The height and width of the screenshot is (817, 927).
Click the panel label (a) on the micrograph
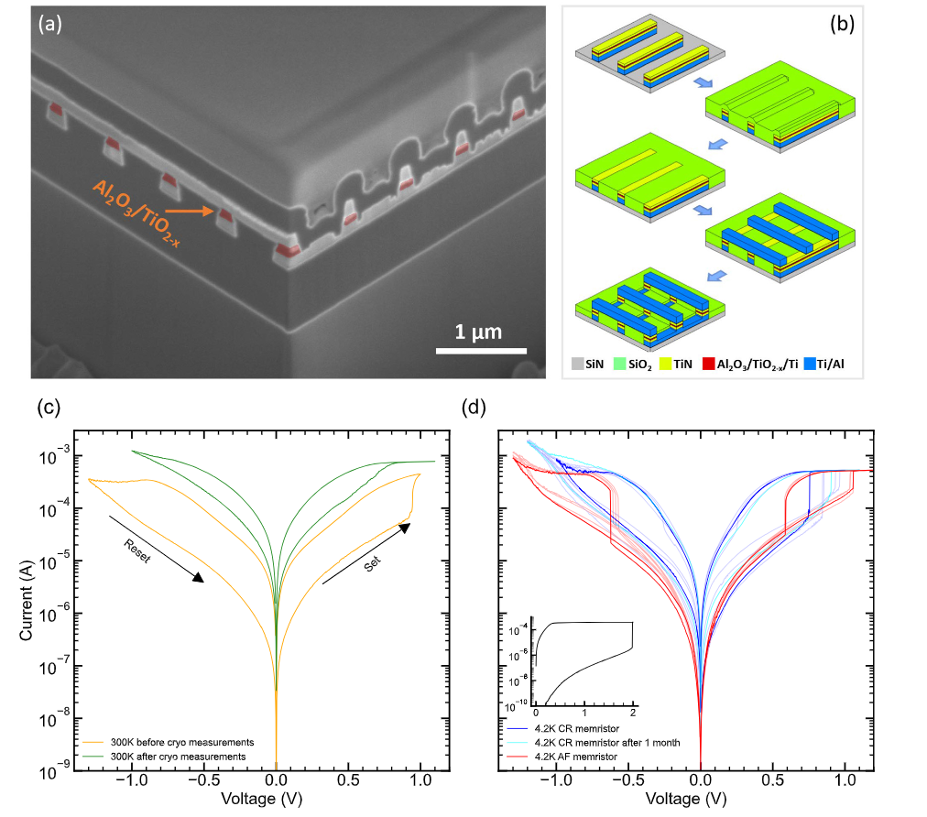(49, 25)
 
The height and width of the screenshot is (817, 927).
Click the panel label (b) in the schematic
(841, 25)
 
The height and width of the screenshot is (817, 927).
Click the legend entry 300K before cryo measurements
(172, 742)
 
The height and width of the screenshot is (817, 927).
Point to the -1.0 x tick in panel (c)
(132, 784)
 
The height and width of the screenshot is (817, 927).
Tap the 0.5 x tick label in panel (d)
(772, 784)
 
